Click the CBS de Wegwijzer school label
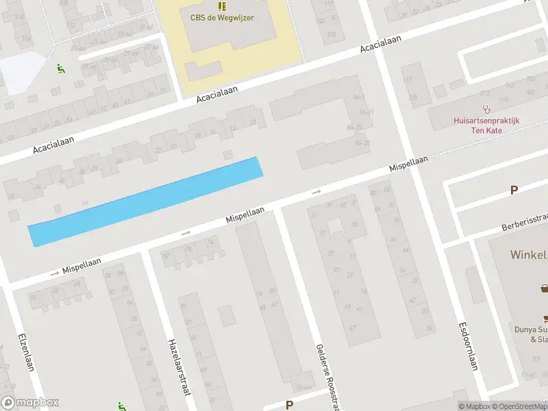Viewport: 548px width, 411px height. [221, 17]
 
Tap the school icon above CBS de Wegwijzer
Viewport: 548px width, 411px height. [221, 5]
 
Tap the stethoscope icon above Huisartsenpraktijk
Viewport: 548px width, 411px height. [487, 108]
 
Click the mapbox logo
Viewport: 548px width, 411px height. [30, 403]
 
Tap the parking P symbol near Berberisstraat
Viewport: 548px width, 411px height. [514, 190]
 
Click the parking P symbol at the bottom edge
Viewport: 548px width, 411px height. [289, 405]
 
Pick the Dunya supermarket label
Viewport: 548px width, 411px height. [532, 334]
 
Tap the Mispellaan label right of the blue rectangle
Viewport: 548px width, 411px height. [409, 164]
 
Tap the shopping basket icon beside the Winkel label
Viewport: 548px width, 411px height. [544, 288]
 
